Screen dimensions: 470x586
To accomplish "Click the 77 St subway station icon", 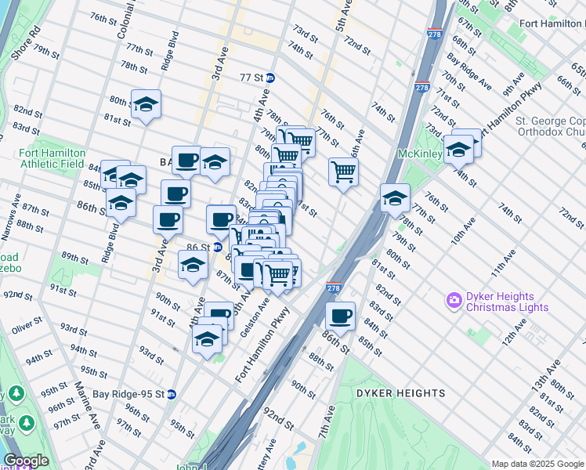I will pyautogui.click(x=270, y=78).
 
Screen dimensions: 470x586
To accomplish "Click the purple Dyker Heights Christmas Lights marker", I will pyautogui.click(x=453, y=300).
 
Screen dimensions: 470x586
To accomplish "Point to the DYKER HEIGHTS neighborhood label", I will pyautogui.click(x=400, y=393).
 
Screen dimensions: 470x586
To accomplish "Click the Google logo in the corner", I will pyautogui.click(x=25, y=461).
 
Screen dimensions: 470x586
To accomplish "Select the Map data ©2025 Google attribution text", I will pyautogui.click(x=537, y=464).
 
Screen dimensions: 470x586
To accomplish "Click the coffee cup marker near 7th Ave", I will pyautogui.click(x=340, y=316).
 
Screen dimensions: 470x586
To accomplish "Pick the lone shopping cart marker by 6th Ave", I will pyautogui.click(x=343, y=171).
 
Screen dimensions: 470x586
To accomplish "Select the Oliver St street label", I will pyautogui.click(x=27, y=322).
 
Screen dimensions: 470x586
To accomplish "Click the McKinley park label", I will pyautogui.click(x=420, y=154).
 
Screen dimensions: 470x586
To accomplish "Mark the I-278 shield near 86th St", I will pyautogui.click(x=334, y=287).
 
